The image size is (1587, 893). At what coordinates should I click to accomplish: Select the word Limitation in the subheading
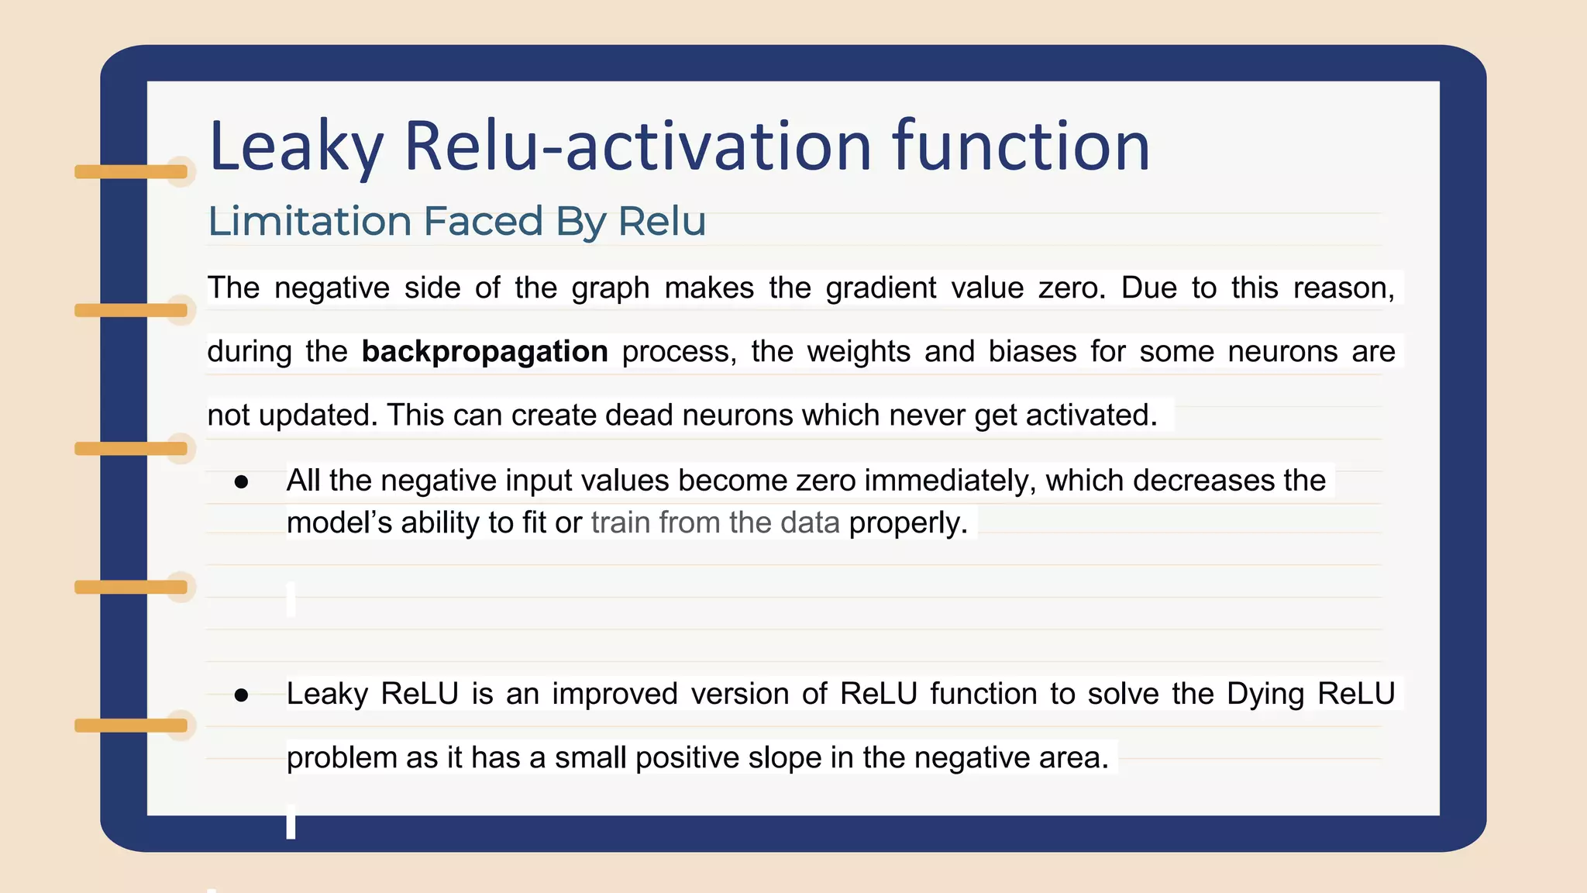pyautogui.click(x=309, y=222)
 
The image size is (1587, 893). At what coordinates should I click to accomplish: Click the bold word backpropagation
pyautogui.click(x=484, y=352)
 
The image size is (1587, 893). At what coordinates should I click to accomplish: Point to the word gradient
pyautogui.click(x=880, y=288)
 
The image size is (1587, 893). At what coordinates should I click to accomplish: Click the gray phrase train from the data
pyautogui.click(x=714, y=522)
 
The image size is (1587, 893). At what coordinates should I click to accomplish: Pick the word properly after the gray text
pyautogui.click(x=908, y=523)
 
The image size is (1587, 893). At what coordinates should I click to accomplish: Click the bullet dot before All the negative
pyautogui.click(x=241, y=482)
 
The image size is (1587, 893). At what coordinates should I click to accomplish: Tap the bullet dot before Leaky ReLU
pyautogui.click(x=241, y=695)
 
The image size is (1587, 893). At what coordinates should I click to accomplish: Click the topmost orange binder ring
pyautogui.click(x=131, y=172)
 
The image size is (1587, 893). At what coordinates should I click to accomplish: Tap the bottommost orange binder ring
pyautogui.click(x=131, y=726)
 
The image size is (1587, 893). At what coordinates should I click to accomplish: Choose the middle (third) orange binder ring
pyautogui.click(x=131, y=449)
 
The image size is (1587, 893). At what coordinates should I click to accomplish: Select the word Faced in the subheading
pyautogui.click(x=483, y=222)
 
